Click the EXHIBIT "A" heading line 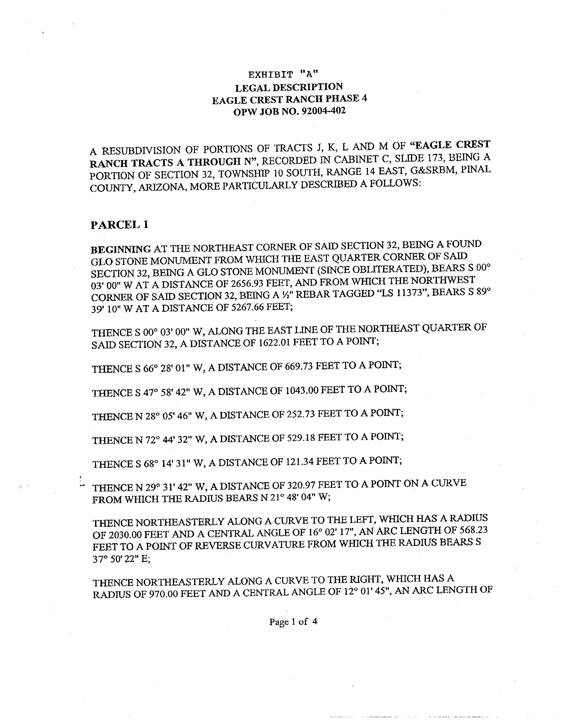click(x=283, y=74)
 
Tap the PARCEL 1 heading click(x=119, y=225)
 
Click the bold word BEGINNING click(x=121, y=249)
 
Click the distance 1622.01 click(x=274, y=343)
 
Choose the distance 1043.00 click(x=302, y=390)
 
